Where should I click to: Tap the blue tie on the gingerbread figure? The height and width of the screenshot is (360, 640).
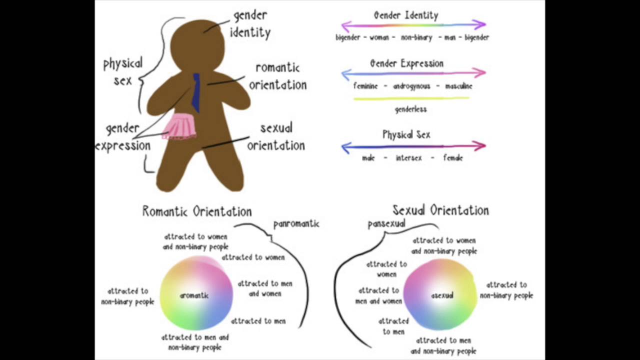click(196, 93)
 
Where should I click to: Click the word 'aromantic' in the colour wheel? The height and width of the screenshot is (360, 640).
click(194, 295)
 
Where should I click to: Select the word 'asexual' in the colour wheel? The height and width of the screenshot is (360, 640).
click(442, 295)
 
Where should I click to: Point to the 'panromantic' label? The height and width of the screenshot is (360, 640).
click(296, 224)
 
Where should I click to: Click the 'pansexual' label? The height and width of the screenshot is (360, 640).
click(386, 224)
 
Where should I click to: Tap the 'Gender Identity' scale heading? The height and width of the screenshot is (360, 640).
click(406, 15)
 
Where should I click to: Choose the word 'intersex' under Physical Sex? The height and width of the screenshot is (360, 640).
click(409, 158)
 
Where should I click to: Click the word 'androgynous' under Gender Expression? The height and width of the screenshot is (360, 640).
click(411, 86)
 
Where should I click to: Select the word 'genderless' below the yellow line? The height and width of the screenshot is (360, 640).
click(410, 109)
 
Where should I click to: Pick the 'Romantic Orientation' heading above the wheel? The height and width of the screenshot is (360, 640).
click(197, 211)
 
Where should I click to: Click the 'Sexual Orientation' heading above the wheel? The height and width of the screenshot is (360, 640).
click(440, 210)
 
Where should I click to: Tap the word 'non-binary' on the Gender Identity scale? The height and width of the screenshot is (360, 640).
click(416, 37)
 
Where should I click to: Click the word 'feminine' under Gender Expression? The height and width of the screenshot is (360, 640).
click(365, 86)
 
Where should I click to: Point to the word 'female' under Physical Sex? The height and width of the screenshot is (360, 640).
click(453, 158)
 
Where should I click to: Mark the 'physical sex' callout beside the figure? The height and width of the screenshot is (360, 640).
click(123, 71)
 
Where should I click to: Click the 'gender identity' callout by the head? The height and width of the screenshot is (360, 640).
click(250, 24)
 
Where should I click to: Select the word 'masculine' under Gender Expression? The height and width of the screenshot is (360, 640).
click(458, 86)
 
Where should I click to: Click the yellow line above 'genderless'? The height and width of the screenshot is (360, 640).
click(411, 98)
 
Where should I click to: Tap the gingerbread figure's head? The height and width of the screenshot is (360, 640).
click(197, 45)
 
